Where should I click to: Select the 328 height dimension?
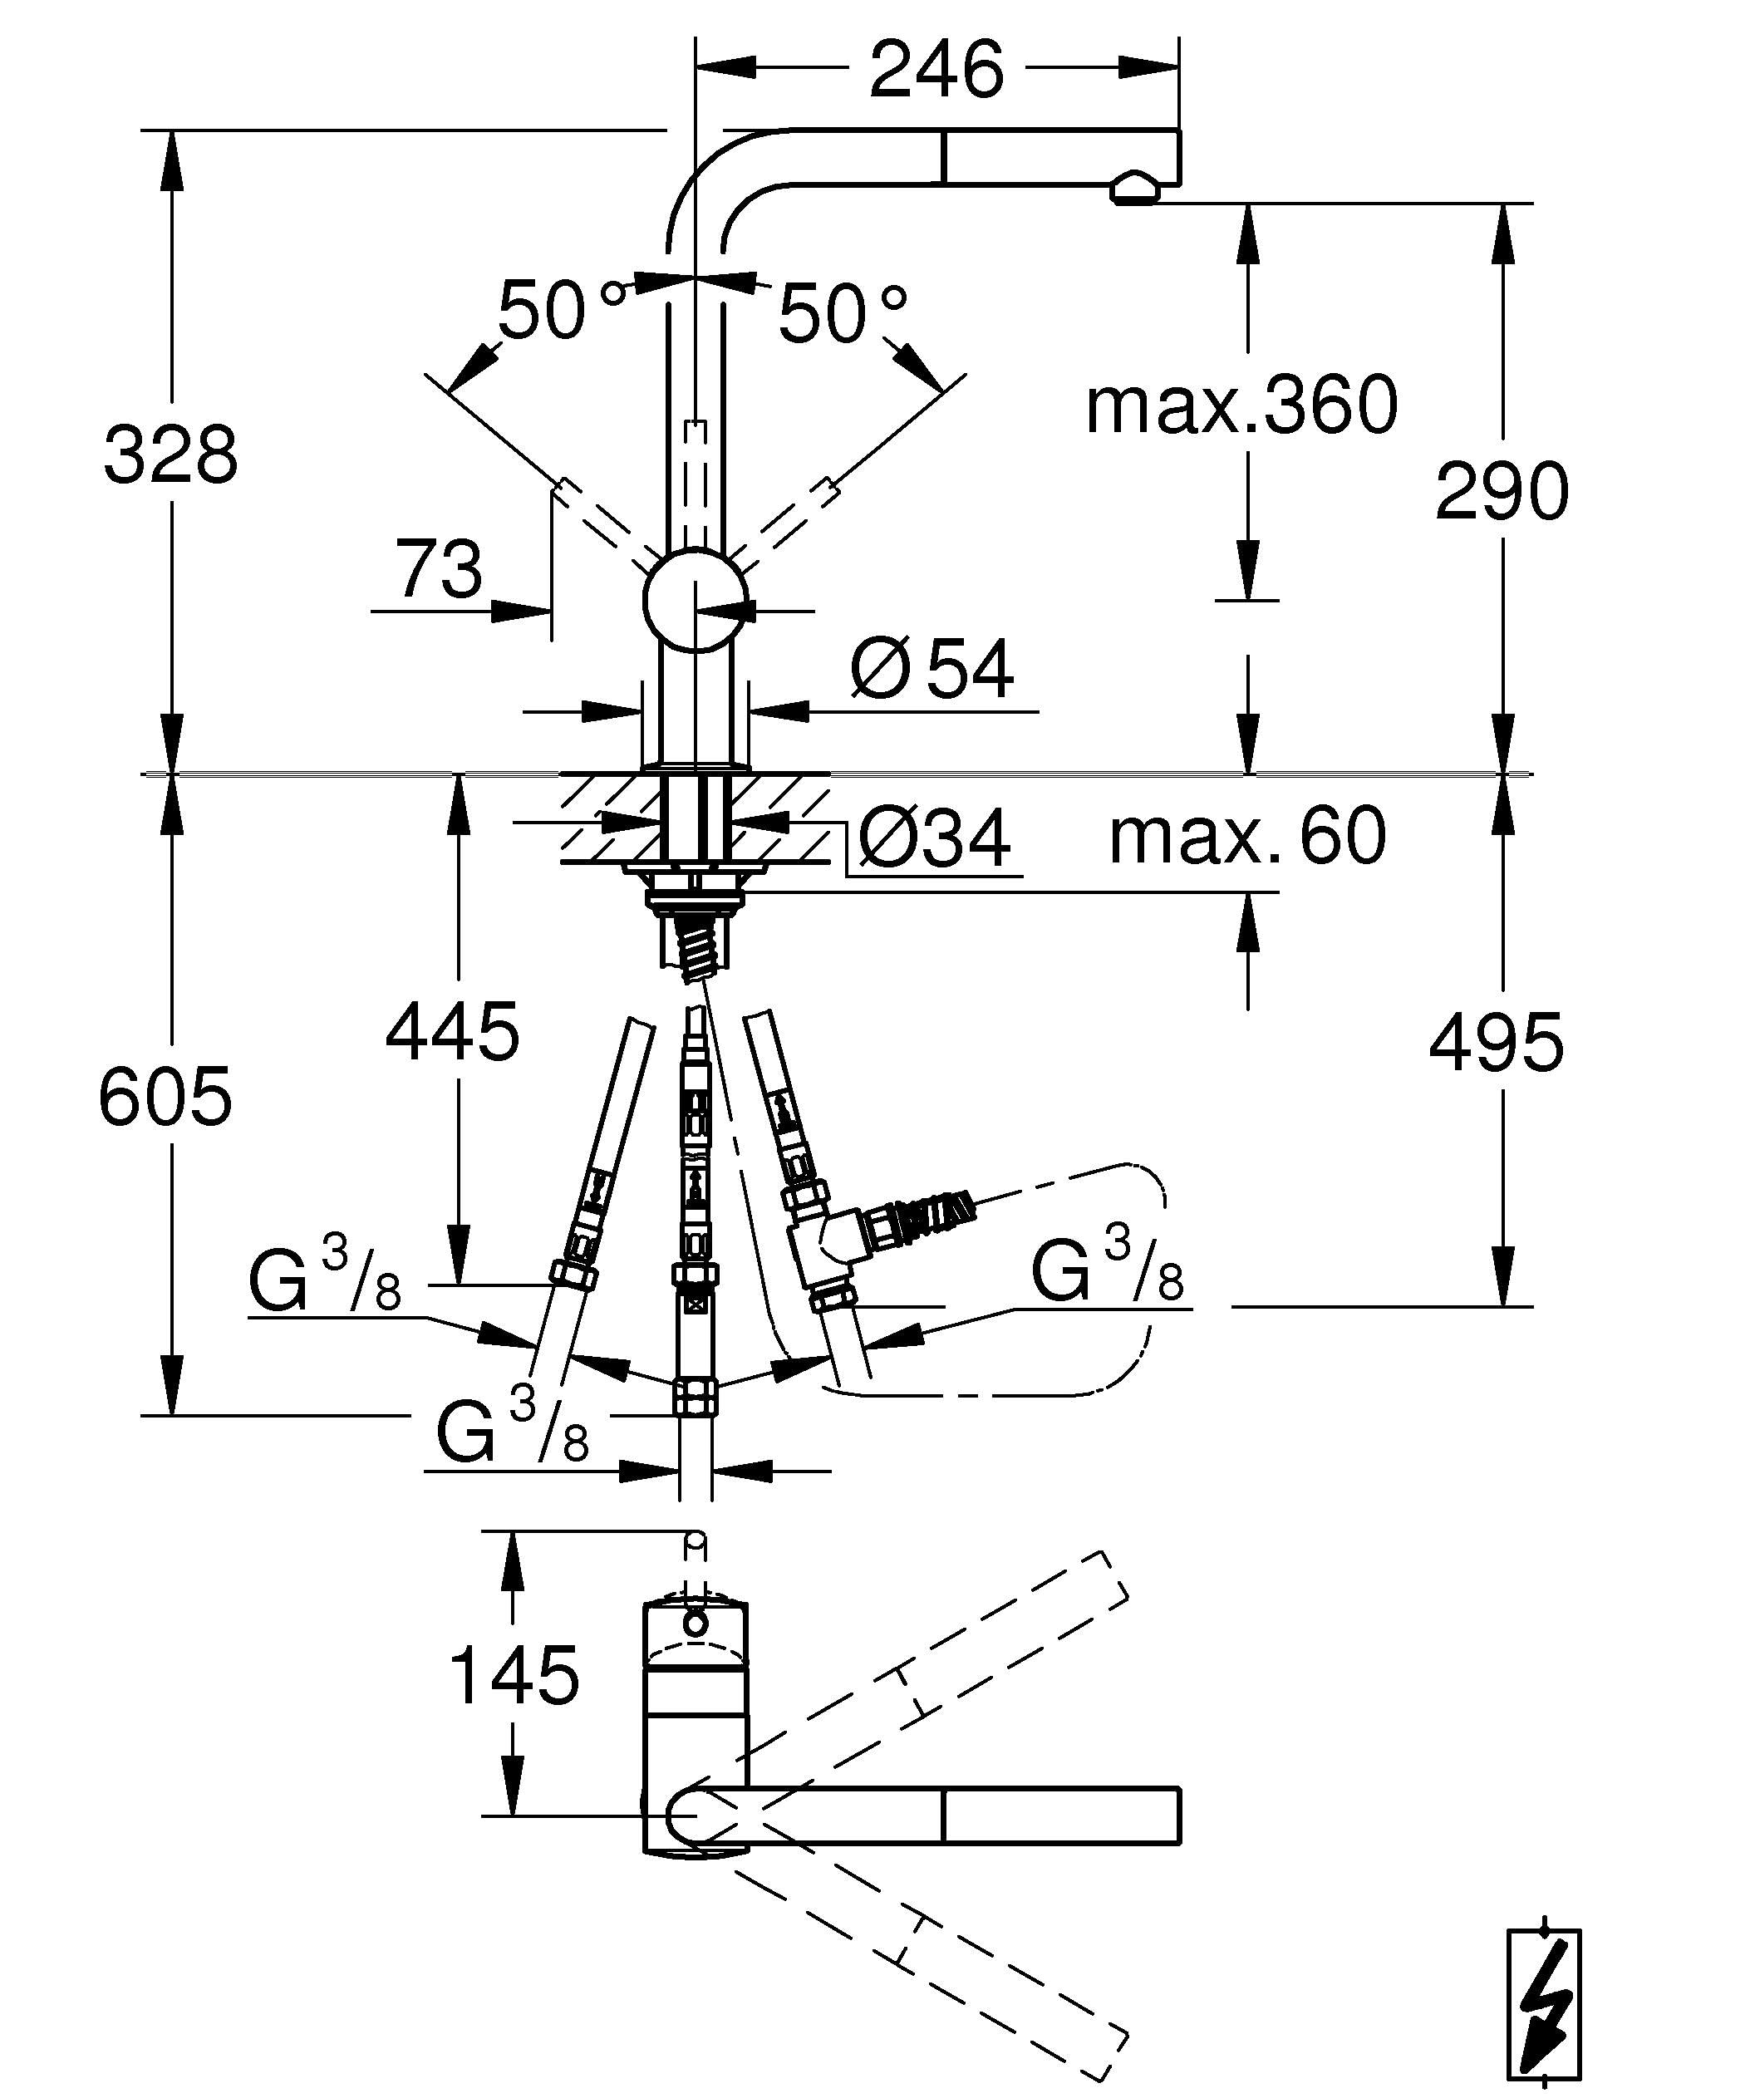[x=171, y=454]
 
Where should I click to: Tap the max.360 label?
[x=1241, y=405]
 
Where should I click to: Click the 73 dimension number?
[x=440, y=567]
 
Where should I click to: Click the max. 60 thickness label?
[x=1247, y=835]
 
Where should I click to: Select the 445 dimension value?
[x=453, y=1031]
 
